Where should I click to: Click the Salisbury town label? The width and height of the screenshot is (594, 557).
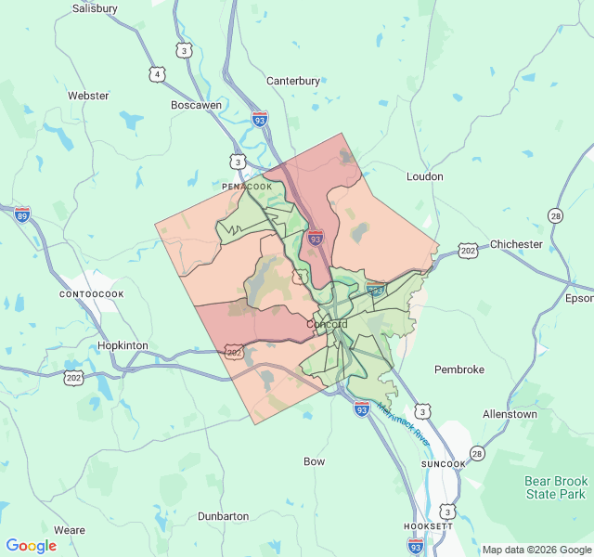(x=95, y=8)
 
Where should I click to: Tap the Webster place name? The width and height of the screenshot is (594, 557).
(x=88, y=96)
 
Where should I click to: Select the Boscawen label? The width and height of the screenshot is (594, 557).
(x=196, y=105)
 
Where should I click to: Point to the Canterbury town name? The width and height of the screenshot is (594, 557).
(x=293, y=81)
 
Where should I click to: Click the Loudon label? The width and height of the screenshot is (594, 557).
(x=425, y=176)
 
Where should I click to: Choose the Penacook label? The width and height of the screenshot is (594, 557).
(x=248, y=187)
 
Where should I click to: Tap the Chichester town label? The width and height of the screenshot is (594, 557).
(x=516, y=244)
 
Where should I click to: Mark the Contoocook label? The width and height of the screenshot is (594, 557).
(x=91, y=294)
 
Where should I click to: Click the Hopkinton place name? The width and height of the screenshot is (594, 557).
(x=123, y=345)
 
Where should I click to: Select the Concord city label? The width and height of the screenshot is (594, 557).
(x=327, y=325)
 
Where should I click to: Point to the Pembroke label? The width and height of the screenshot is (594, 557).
(x=459, y=369)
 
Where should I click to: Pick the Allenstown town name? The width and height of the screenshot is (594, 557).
(x=510, y=413)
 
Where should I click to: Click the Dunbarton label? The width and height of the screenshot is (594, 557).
(x=223, y=516)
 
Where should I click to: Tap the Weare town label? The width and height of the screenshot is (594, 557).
(x=70, y=530)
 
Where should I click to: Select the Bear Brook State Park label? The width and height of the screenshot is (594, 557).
(x=557, y=487)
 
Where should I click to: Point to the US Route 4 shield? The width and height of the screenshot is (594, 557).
(x=158, y=73)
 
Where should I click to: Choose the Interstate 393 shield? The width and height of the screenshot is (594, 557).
(x=375, y=290)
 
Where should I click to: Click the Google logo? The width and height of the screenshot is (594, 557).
(x=32, y=546)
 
